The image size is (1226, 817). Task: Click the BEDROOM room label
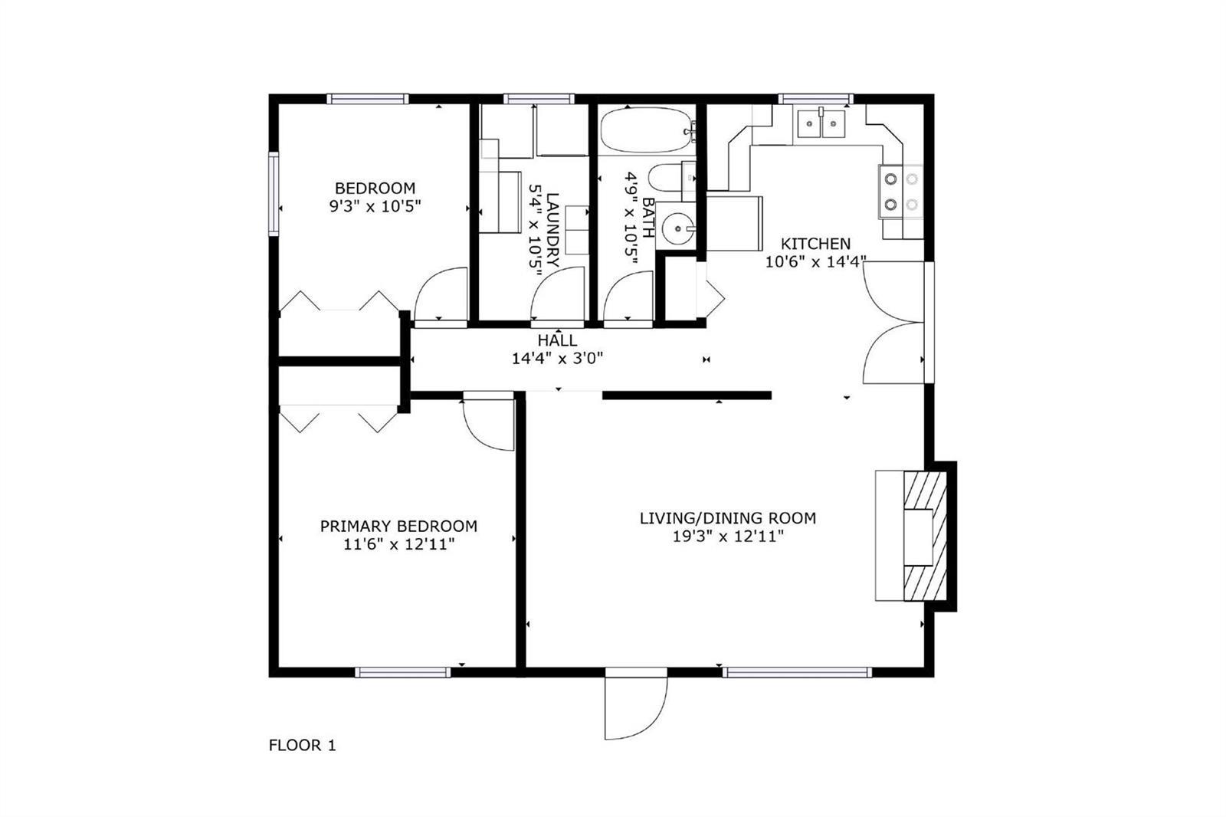(x=375, y=189)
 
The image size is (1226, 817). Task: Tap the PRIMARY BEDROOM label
(x=398, y=527)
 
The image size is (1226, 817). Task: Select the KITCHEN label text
(x=815, y=244)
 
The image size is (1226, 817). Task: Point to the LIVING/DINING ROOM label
(x=728, y=518)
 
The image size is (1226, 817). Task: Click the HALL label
(x=557, y=340)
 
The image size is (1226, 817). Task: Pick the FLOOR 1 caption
(x=302, y=745)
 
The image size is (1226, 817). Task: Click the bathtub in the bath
(x=647, y=130)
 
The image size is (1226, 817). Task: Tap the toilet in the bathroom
(x=671, y=177)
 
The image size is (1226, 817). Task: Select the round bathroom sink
(x=678, y=228)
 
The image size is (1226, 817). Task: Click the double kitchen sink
(x=821, y=123)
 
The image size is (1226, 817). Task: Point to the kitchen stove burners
(x=901, y=192)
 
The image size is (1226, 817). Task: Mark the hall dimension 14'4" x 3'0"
(x=557, y=359)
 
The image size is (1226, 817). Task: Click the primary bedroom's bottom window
(x=403, y=672)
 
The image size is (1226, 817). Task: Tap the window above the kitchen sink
(x=815, y=99)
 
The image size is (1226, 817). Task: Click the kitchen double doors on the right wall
(x=893, y=322)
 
